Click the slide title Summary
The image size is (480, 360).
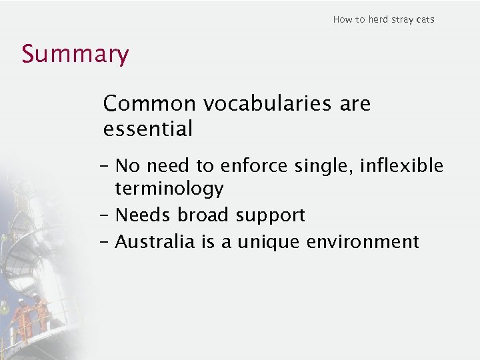pyautogui.click(x=75, y=54)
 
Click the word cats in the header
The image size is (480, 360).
pyautogui.click(x=425, y=19)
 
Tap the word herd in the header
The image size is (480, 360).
pyautogui.click(x=378, y=19)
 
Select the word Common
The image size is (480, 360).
pyautogui.click(x=150, y=104)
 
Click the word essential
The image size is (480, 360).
pyautogui.click(x=148, y=128)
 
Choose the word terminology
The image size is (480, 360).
pyautogui.click(x=169, y=189)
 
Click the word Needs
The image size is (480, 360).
pyautogui.click(x=143, y=215)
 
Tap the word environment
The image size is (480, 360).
pyautogui.click(x=362, y=241)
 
